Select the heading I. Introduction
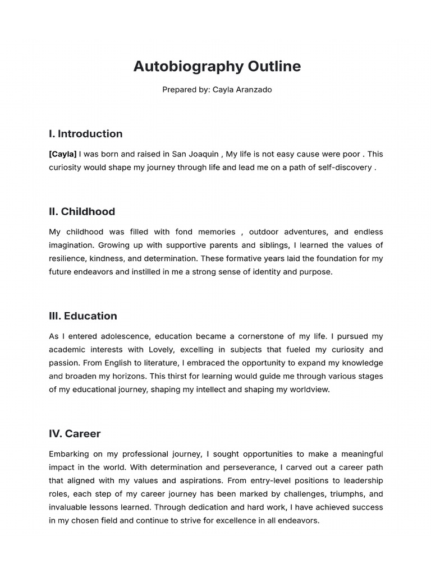click(85, 134)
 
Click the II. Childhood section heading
click(82, 212)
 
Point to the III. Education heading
click(83, 316)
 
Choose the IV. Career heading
click(75, 434)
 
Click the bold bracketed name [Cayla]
click(63, 154)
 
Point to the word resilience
click(68, 258)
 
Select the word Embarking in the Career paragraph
click(70, 454)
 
